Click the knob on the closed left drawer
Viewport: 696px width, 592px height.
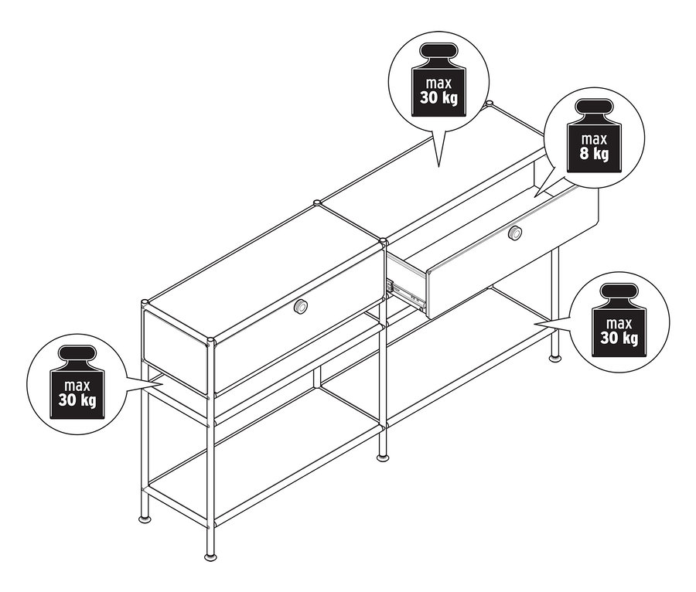302,306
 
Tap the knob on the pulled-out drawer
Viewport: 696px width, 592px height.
515,233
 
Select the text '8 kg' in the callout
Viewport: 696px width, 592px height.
594,154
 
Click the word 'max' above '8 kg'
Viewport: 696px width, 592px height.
595,139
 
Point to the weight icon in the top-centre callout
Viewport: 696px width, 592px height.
438,80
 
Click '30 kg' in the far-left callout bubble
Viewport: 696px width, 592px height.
77,400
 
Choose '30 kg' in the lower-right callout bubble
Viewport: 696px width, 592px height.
619,339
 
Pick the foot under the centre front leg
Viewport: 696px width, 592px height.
382,458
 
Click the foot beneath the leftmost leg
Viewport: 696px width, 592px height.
144,518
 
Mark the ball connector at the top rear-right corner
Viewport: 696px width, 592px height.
490,104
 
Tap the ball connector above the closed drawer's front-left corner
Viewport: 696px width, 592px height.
145,303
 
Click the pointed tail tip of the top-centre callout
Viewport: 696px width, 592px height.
439,167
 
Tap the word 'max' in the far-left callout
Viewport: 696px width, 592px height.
77,386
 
